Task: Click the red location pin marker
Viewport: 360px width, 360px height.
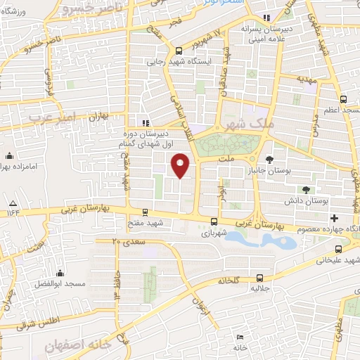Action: (181, 165)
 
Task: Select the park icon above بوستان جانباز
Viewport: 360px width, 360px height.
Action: (270, 159)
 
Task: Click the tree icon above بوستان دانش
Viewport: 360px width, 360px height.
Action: (304, 189)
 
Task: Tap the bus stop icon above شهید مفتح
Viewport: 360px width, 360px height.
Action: (145, 212)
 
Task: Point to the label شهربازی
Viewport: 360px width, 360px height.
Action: (214, 232)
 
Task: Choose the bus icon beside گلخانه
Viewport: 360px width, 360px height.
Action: (261, 278)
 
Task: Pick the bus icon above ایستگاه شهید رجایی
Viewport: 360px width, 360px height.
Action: (179, 50)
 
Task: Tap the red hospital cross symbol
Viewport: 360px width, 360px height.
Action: (335, 219)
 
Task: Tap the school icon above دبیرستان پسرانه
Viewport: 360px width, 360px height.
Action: (266, 18)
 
